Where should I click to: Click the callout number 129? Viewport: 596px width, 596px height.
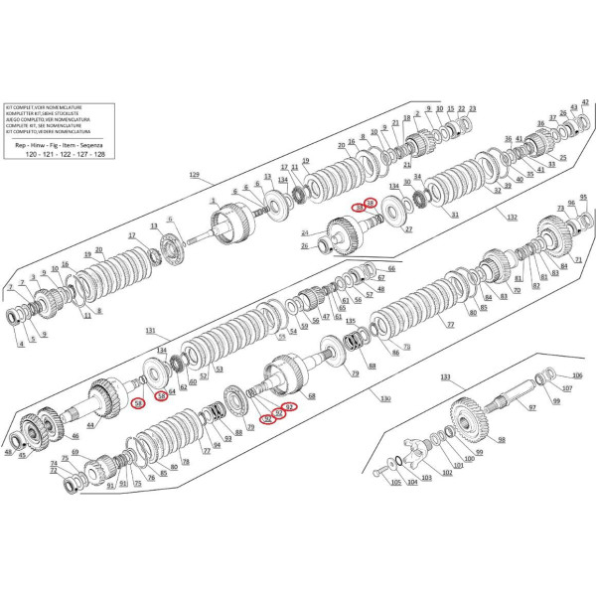tap(194, 175)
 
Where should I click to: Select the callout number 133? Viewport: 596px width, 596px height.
tap(444, 377)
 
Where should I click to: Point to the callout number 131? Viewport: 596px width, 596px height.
tap(151, 330)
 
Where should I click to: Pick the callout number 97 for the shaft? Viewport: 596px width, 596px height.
tap(531, 408)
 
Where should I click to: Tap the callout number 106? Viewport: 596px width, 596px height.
tap(578, 375)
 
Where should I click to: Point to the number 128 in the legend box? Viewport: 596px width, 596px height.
tap(99, 156)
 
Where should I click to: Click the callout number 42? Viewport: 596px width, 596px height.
tap(585, 103)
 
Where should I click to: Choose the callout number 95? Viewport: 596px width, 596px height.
tap(583, 198)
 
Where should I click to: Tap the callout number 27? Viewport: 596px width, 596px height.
tap(407, 229)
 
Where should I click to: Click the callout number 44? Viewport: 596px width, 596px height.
tap(90, 425)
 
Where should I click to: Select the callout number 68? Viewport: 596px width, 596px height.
tap(311, 395)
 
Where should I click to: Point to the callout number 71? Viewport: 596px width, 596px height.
tap(577, 259)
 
